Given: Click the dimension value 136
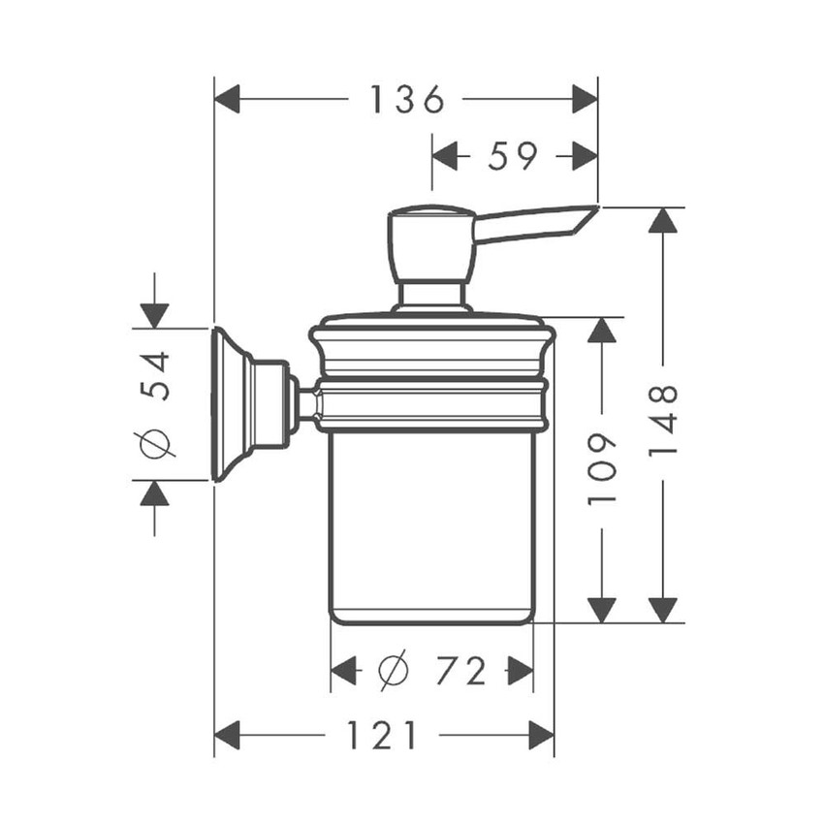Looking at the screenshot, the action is (x=408, y=99).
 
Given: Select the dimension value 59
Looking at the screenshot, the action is (x=513, y=155).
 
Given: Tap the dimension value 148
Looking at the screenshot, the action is (x=663, y=421).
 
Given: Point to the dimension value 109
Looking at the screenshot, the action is (x=602, y=469).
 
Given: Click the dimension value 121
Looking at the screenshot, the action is (x=382, y=735).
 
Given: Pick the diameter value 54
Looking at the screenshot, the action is (x=155, y=376).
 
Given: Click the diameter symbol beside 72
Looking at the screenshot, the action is (x=393, y=671).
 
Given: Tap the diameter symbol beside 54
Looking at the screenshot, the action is (x=155, y=444).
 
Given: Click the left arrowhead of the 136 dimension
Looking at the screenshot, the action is (x=227, y=99).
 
